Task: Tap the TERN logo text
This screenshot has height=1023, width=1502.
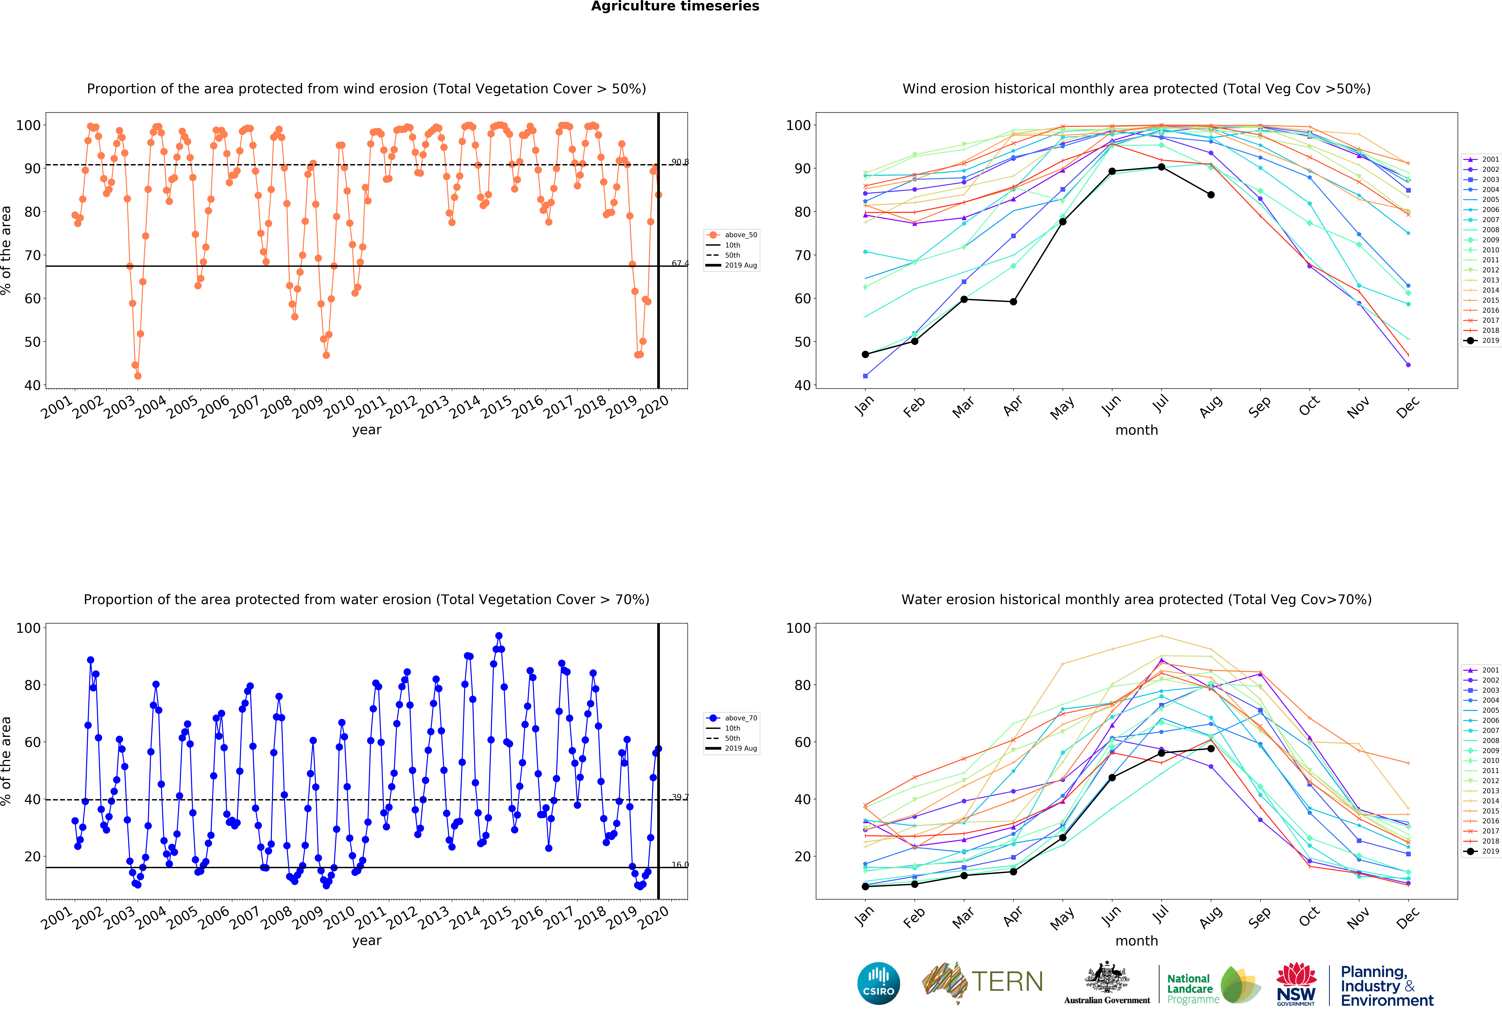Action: coord(1008,982)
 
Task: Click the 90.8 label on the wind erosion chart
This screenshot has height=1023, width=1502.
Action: coord(680,162)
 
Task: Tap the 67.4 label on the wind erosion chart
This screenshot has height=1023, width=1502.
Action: coord(680,264)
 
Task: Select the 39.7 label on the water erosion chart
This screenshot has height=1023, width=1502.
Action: coord(680,797)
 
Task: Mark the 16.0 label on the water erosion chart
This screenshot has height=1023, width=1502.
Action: coord(680,865)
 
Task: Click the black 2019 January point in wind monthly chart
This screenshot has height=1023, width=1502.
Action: coord(865,355)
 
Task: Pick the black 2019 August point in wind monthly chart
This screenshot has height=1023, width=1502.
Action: coord(1211,195)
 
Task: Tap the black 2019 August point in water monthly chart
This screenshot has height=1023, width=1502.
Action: coord(1211,749)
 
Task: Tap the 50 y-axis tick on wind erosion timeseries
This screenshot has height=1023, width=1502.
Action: coord(32,342)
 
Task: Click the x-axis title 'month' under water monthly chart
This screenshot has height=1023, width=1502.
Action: coord(1137,941)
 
